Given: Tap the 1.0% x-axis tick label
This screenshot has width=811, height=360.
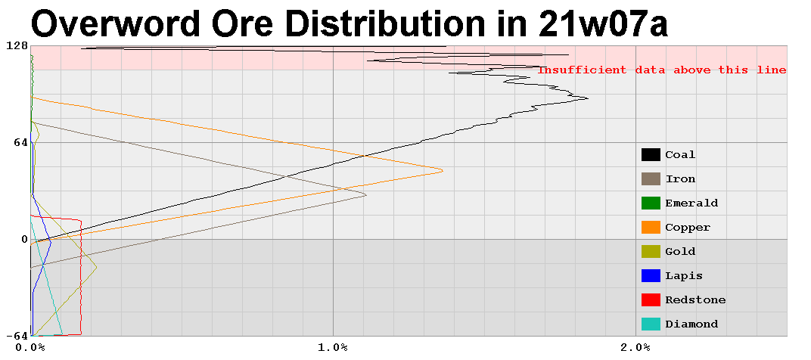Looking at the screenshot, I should tap(333, 347).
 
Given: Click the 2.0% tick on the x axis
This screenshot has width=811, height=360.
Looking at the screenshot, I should tap(635, 347).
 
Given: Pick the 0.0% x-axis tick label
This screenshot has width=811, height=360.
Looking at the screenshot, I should tap(30, 347).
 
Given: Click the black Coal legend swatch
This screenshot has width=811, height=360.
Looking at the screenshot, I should tap(650, 155).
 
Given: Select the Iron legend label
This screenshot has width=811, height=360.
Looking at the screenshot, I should tap(680, 179).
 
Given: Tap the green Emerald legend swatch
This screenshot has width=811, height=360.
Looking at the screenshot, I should tap(650, 203).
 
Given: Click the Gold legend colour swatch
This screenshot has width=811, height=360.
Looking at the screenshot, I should tap(650, 252).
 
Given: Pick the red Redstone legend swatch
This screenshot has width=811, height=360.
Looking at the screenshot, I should tap(650, 300).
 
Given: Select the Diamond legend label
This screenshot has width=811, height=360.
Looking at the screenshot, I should tap(691, 324).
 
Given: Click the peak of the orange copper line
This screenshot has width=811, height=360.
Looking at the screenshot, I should tap(442, 171).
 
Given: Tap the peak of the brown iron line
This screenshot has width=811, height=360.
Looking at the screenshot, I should tap(366, 195).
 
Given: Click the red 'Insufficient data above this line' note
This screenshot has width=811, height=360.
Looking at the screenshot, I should tap(662, 70).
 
